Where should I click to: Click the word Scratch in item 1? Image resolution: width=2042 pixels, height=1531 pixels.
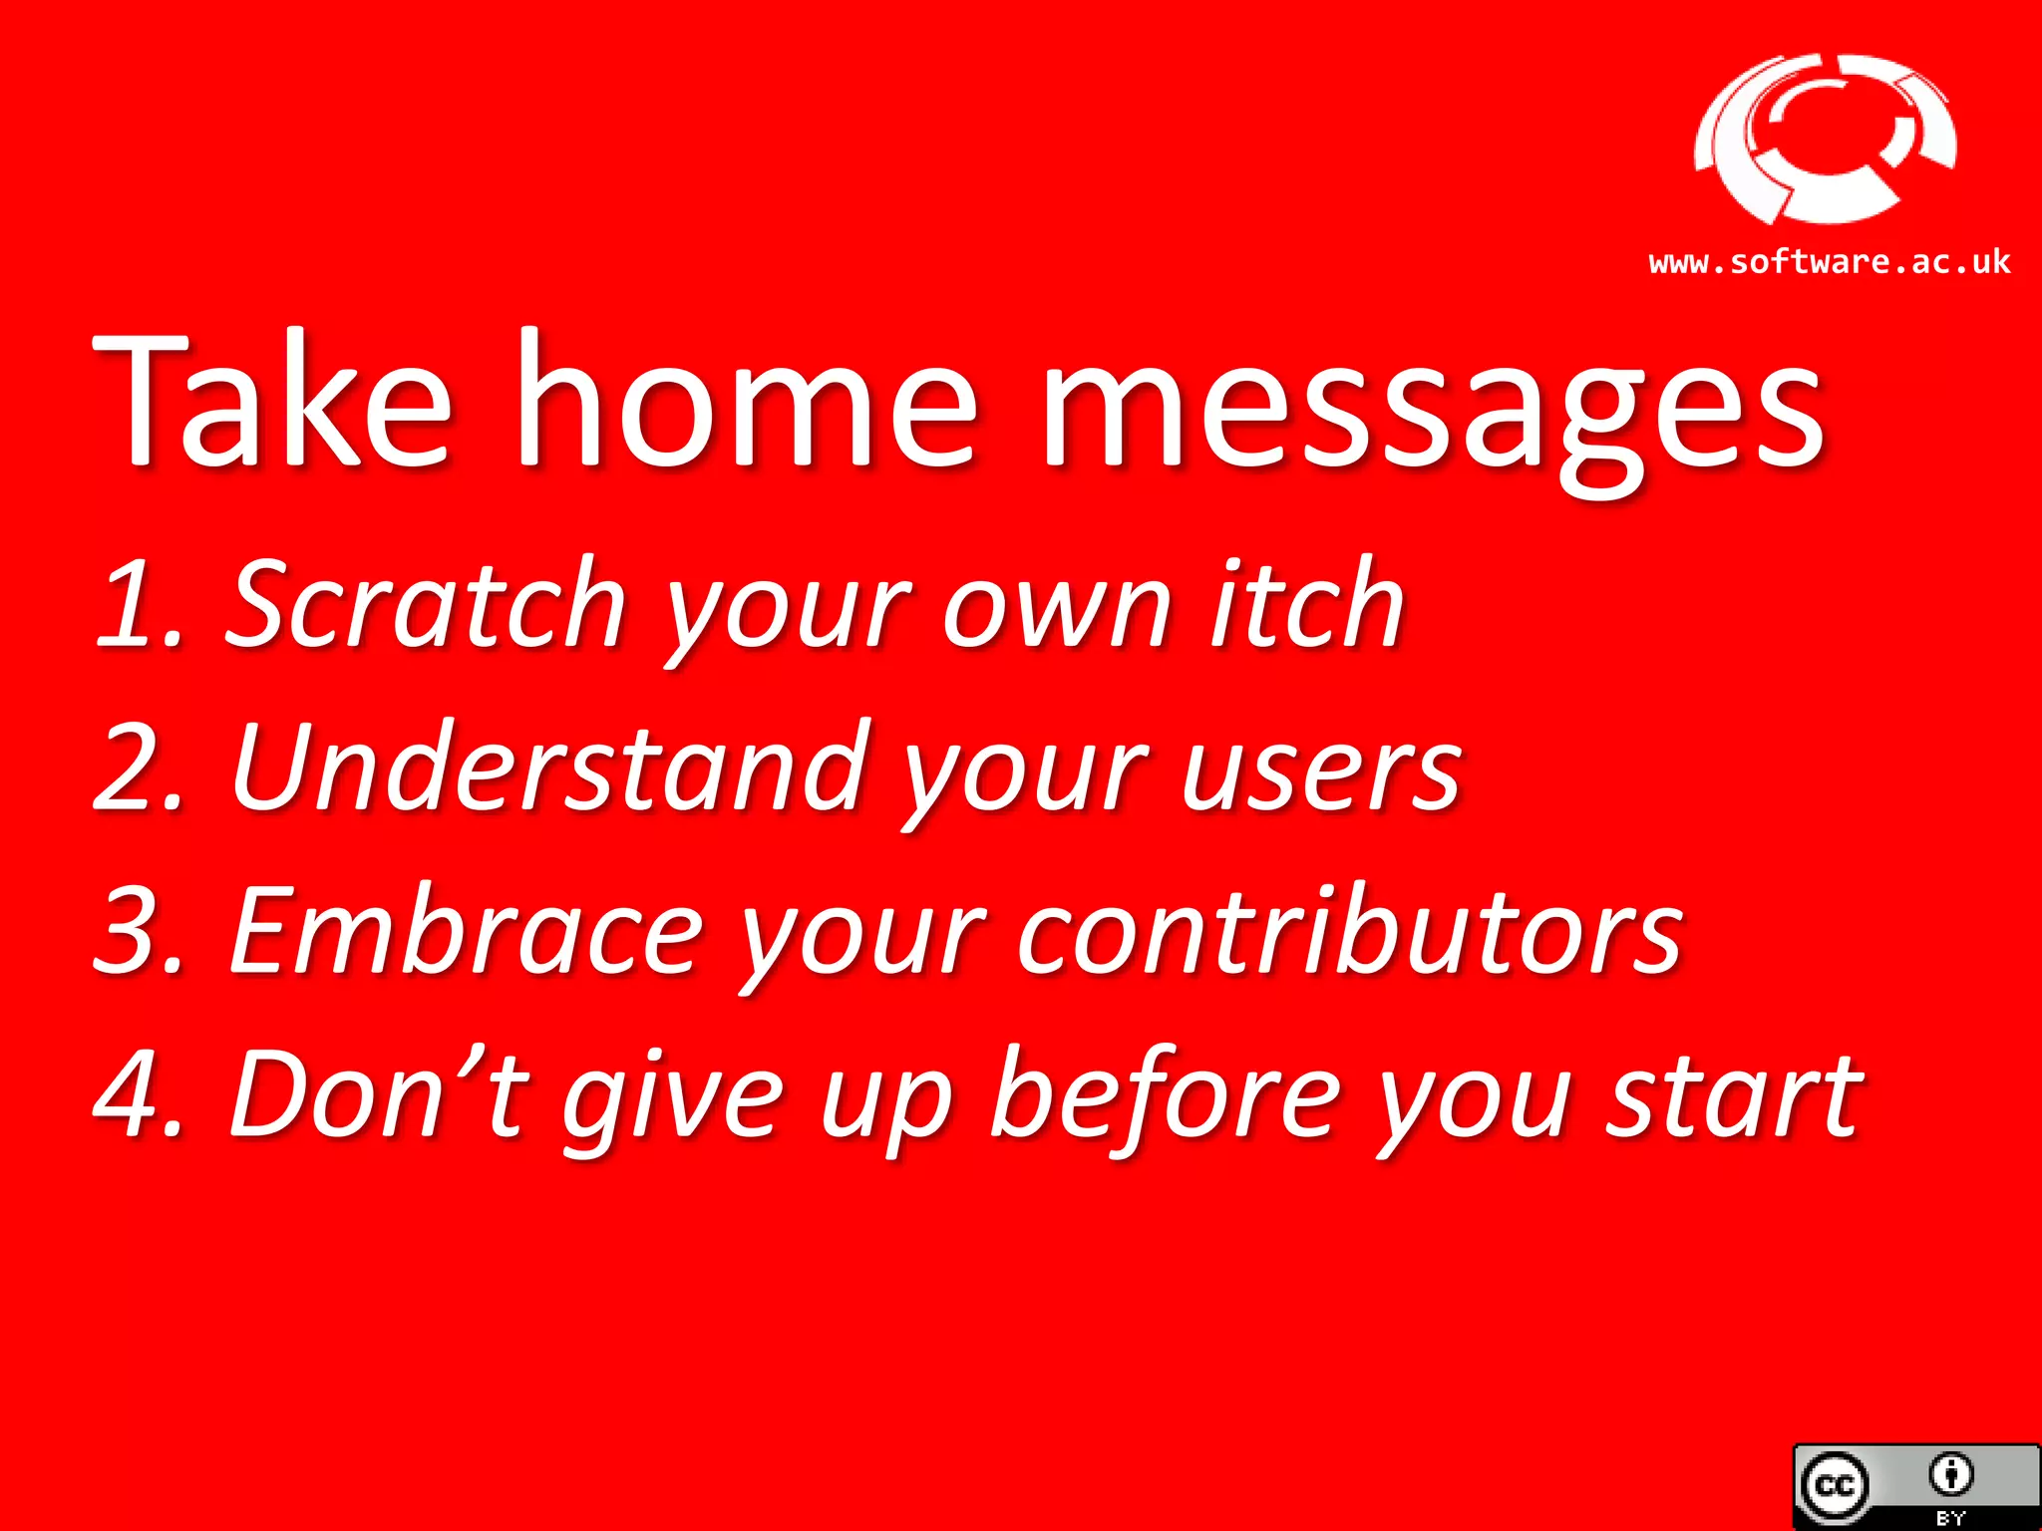coord(426,604)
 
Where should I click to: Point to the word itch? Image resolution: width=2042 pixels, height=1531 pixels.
coord(1306,604)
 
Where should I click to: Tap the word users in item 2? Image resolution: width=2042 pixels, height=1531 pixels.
coord(1321,772)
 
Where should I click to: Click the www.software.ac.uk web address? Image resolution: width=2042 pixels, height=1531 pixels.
coord(1829,262)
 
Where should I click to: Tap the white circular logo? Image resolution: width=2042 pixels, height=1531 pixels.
coord(1825,140)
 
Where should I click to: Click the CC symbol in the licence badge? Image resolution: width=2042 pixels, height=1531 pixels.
coord(1835,1486)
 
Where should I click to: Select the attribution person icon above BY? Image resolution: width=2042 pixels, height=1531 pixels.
coord(1951,1474)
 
